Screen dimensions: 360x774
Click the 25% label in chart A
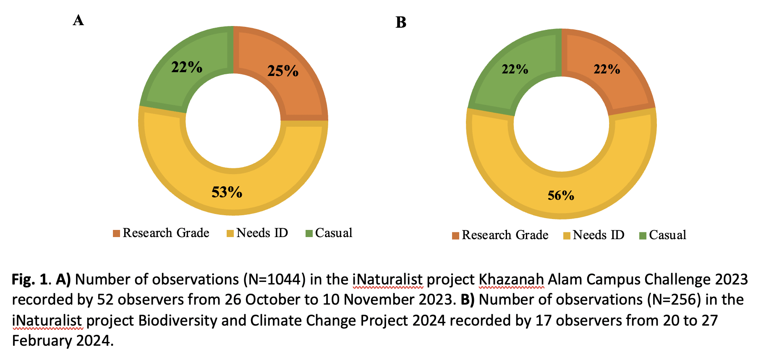283,71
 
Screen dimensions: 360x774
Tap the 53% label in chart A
227,192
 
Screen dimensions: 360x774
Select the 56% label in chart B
561,195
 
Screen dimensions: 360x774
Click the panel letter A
78,20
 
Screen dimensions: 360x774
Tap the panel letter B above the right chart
401,22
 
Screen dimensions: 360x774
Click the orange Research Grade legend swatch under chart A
116,233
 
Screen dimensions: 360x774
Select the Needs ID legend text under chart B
599,235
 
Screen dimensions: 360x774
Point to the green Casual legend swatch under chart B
643,236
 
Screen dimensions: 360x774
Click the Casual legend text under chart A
334,233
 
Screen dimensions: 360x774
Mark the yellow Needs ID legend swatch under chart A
230,233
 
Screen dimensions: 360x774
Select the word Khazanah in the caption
511,279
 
